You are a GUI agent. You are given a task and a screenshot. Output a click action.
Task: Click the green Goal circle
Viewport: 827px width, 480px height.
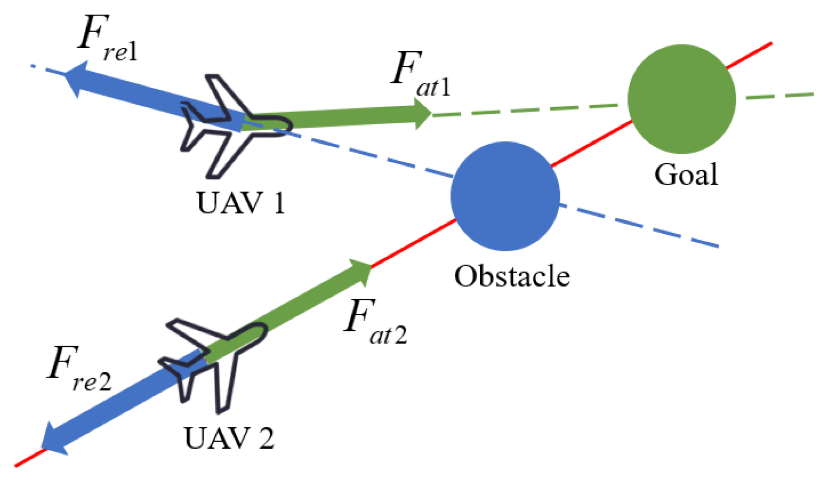[x=681, y=99]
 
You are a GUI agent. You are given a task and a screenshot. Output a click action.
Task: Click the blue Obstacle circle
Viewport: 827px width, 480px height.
[x=505, y=196]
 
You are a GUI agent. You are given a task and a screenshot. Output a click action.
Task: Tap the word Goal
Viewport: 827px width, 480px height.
[x=686, y=174]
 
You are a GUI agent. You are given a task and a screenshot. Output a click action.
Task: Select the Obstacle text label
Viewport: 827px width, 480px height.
[x=512, y=276]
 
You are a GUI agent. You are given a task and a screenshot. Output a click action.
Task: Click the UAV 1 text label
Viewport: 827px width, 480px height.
[x=240, y=203]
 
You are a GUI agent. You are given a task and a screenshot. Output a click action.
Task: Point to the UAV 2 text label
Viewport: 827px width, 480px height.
[x=229, y=438]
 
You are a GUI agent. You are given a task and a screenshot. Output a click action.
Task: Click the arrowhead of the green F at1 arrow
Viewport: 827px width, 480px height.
[x=422, y=114]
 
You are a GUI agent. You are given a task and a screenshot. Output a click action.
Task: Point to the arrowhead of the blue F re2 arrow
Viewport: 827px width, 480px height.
[x=53, y=439]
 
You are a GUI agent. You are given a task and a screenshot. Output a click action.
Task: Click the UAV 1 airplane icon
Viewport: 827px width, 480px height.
[x=229, y=126]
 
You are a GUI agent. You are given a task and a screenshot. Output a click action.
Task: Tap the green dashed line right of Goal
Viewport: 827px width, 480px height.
[x=779, y=96]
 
